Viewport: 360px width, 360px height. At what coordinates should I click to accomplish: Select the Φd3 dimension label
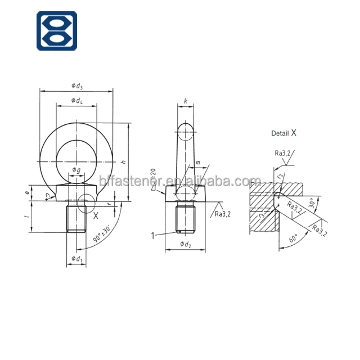point(76,85)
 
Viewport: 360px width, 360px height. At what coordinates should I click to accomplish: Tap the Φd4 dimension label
point(76,100)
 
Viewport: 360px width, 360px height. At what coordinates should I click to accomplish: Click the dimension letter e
point(26,192)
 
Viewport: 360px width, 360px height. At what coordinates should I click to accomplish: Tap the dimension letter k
point(185,101)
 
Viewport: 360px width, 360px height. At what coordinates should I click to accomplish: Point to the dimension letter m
point(197,163)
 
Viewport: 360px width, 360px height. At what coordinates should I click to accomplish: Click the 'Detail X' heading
point(283,133)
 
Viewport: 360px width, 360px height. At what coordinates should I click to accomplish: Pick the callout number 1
point(152,235)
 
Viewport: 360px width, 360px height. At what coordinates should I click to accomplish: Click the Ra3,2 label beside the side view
point(223,214)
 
